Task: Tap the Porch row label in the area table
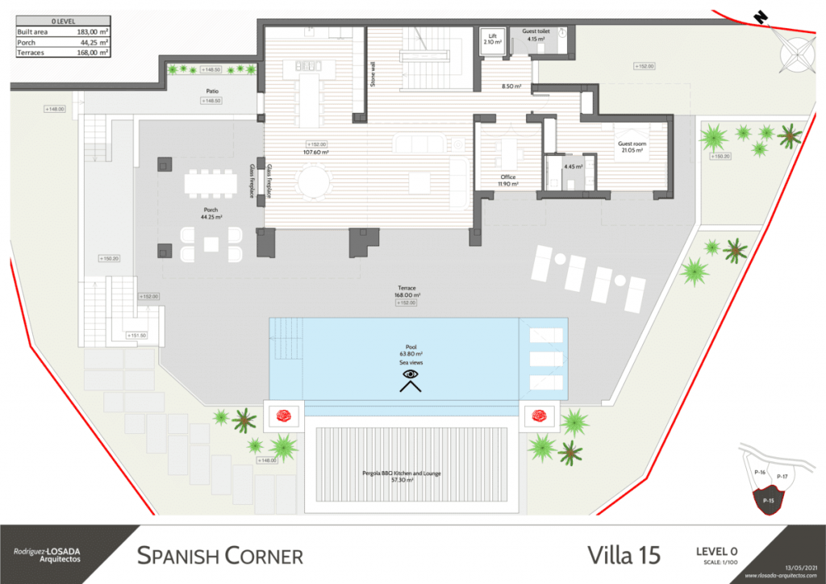point(27,42)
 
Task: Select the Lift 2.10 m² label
point(492,39)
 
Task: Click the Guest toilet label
point(535,35)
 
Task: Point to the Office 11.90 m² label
point(507,180)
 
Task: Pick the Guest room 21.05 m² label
point(632,146)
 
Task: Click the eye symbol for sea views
point(411,374)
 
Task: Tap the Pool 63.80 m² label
point(411,349)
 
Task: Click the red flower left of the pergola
point(285,416)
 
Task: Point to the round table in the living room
point(314,181)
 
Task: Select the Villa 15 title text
point(624,555)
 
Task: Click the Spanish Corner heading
point(220,556)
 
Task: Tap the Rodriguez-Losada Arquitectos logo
point(46,556)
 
